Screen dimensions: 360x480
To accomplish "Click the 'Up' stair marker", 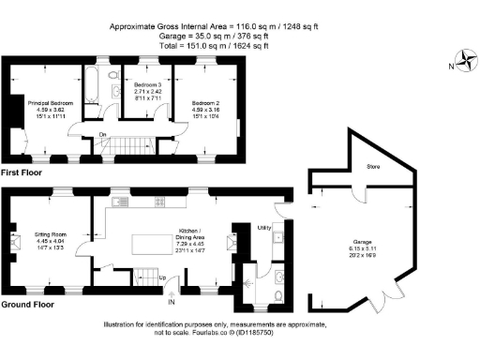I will click(163, 277).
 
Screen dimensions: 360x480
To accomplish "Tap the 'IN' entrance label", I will click(171, 302).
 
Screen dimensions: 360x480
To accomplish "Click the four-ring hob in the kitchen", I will click(159, 202).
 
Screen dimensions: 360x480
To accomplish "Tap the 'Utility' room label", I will click(263, 227).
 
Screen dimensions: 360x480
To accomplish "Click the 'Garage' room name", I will click(362, 241).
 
